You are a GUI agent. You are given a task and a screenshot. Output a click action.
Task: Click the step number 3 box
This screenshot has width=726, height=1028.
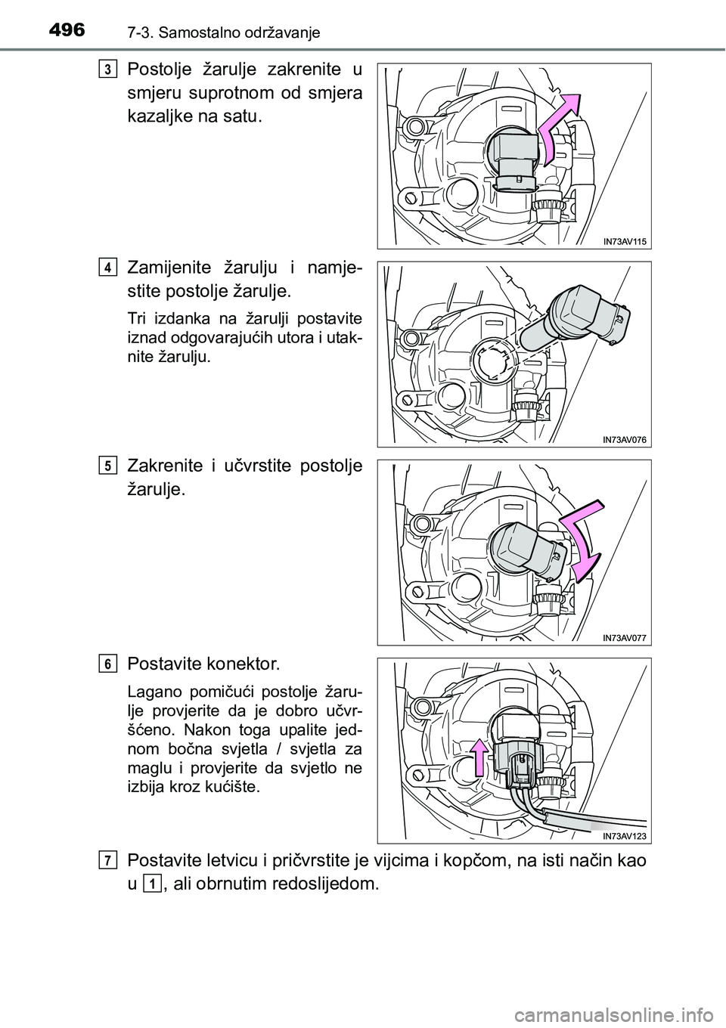(107, 70)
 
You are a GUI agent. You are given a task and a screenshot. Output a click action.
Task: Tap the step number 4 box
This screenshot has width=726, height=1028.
(107, 268)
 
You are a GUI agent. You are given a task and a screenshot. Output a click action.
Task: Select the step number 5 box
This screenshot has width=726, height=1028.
(107, 466)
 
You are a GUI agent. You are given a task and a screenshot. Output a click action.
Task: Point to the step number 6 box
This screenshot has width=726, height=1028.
(107, 664)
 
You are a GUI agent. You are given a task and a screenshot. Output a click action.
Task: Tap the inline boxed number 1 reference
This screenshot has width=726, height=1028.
(151, 884)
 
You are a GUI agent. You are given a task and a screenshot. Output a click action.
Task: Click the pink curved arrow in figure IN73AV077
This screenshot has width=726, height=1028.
(583, 541)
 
